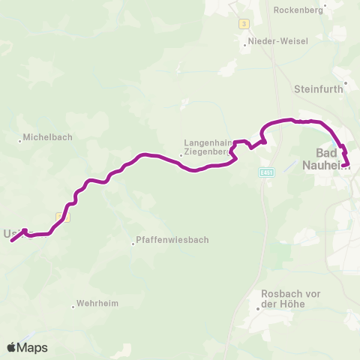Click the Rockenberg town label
point(298,10)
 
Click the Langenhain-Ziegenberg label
point(207,146)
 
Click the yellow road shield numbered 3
point(244,23)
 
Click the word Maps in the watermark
point(33,347)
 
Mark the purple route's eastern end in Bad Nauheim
point(347,164)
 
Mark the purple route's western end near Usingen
point(13,240)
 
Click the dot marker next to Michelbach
point(20,140)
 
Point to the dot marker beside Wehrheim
point(73,305)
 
